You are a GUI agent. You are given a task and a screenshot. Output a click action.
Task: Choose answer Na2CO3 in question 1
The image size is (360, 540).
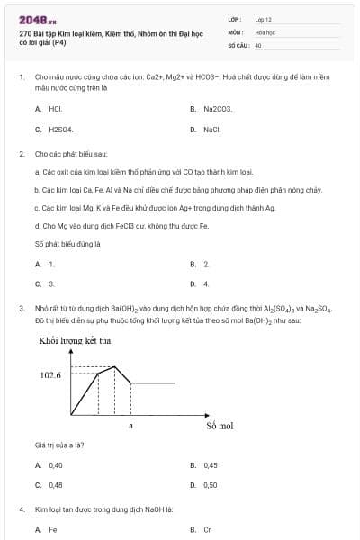click(217, 108)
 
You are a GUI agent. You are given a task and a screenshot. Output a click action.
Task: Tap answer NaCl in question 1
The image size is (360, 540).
click(211, 130)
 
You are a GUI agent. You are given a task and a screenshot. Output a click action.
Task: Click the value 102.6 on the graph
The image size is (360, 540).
click(50, 374)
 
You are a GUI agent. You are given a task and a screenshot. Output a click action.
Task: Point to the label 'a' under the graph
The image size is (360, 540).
click(131, 425)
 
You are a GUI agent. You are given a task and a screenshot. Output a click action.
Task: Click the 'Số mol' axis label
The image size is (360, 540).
click(219, 425)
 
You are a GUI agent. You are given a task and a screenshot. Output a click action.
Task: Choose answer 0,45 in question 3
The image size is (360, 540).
click(210, 465)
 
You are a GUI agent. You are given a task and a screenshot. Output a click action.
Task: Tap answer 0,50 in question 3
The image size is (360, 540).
click(210, 484)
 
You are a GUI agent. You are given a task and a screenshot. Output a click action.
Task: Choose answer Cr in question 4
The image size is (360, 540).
click(207, 529)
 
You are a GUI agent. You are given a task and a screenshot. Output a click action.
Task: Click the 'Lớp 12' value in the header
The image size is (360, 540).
click(263, 18)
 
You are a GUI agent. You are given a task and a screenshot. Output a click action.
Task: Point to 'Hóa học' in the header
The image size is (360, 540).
click(264, 31)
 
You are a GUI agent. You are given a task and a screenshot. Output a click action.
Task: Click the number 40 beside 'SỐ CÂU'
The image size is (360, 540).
click(258, 43)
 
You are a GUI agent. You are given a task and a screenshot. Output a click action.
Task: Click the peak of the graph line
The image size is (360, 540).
click(114, 367)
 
